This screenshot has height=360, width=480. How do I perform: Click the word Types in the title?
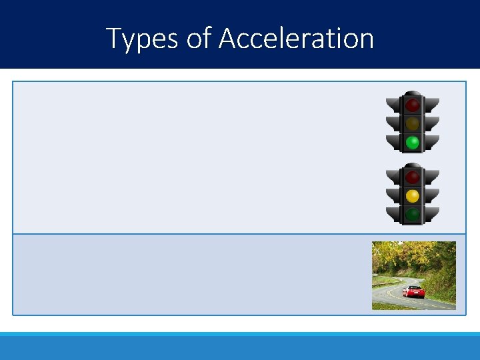[x=142, y=39]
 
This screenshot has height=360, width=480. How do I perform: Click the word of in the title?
[x=198, y=39]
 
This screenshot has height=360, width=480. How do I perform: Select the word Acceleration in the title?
[x=296, y=39]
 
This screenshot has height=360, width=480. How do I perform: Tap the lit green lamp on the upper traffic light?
[x=413, y=142]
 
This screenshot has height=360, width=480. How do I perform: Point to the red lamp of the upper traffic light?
[x=413, y=105]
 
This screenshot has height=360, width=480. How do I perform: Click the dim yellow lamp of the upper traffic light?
[x=413, y=123]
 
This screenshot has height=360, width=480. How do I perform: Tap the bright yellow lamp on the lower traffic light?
[x=413, y=196]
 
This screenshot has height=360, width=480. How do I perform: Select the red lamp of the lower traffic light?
[x=413, y=177]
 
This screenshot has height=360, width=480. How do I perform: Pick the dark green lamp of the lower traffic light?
[x=413, y=215]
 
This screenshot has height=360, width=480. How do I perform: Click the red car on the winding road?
[x=413, y=292]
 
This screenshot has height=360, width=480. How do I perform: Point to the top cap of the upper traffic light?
[x=413, y=93]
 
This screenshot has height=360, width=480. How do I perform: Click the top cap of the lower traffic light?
[x=413, y=165]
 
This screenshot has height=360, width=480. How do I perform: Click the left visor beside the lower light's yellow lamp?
[x=393, y=195]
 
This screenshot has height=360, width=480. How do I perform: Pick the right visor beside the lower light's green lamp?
[x=432, y=213]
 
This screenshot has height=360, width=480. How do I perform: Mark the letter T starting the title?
[x=113, y=39]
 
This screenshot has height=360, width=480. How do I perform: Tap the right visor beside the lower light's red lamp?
[x=432, y=176]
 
